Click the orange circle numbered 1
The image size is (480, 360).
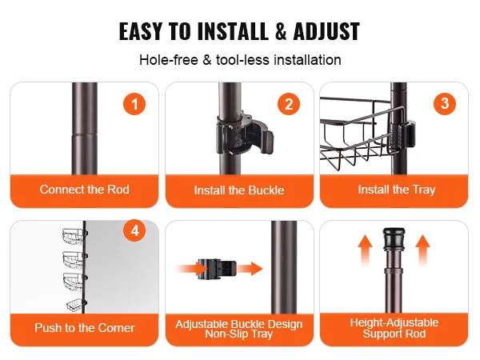click(x=134, y=104)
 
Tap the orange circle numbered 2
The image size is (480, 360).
click(x=289, y=104)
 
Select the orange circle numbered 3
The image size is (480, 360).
click(x=445, y=104)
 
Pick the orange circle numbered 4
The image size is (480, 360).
click(x=134, y=231)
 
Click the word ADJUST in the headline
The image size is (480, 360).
click(x=326, y=31)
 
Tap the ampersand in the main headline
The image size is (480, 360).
click(x=281, y=31)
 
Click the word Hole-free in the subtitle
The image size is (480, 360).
click(x=169, y=60)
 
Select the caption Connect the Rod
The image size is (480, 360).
click(x=85, y=190)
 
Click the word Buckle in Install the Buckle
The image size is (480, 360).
click(x=266, y=190)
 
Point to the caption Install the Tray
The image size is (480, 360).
click(x=397, y=190)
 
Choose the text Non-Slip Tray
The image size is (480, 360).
click(x=238, y=334)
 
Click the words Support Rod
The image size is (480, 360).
click(x=394, y=334)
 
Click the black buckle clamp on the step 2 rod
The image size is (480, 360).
click(x=244, y=133)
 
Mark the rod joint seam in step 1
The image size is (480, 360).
click(x=85, y=134)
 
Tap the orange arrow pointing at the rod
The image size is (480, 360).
click(x=250, y=269)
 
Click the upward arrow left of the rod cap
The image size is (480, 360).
click(x=366, y=250)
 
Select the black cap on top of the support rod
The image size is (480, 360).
click(x=394, y=238)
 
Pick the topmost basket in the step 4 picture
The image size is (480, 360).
click(x=74, y=236)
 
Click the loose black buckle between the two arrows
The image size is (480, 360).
click(x=217, y=269)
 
